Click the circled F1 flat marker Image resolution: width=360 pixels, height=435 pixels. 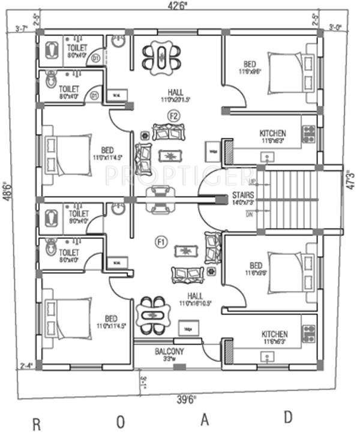click(x=160, y=242)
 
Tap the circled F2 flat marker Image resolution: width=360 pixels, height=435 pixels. click(x=174, y=115)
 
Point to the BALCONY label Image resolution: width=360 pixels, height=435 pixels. click(x=169, y=351)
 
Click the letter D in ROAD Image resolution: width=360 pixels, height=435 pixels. click(x=289, y=417)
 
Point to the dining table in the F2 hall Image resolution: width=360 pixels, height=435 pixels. click(x=161, y=57)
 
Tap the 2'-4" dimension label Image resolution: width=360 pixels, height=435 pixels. click(x=26, y=365)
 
